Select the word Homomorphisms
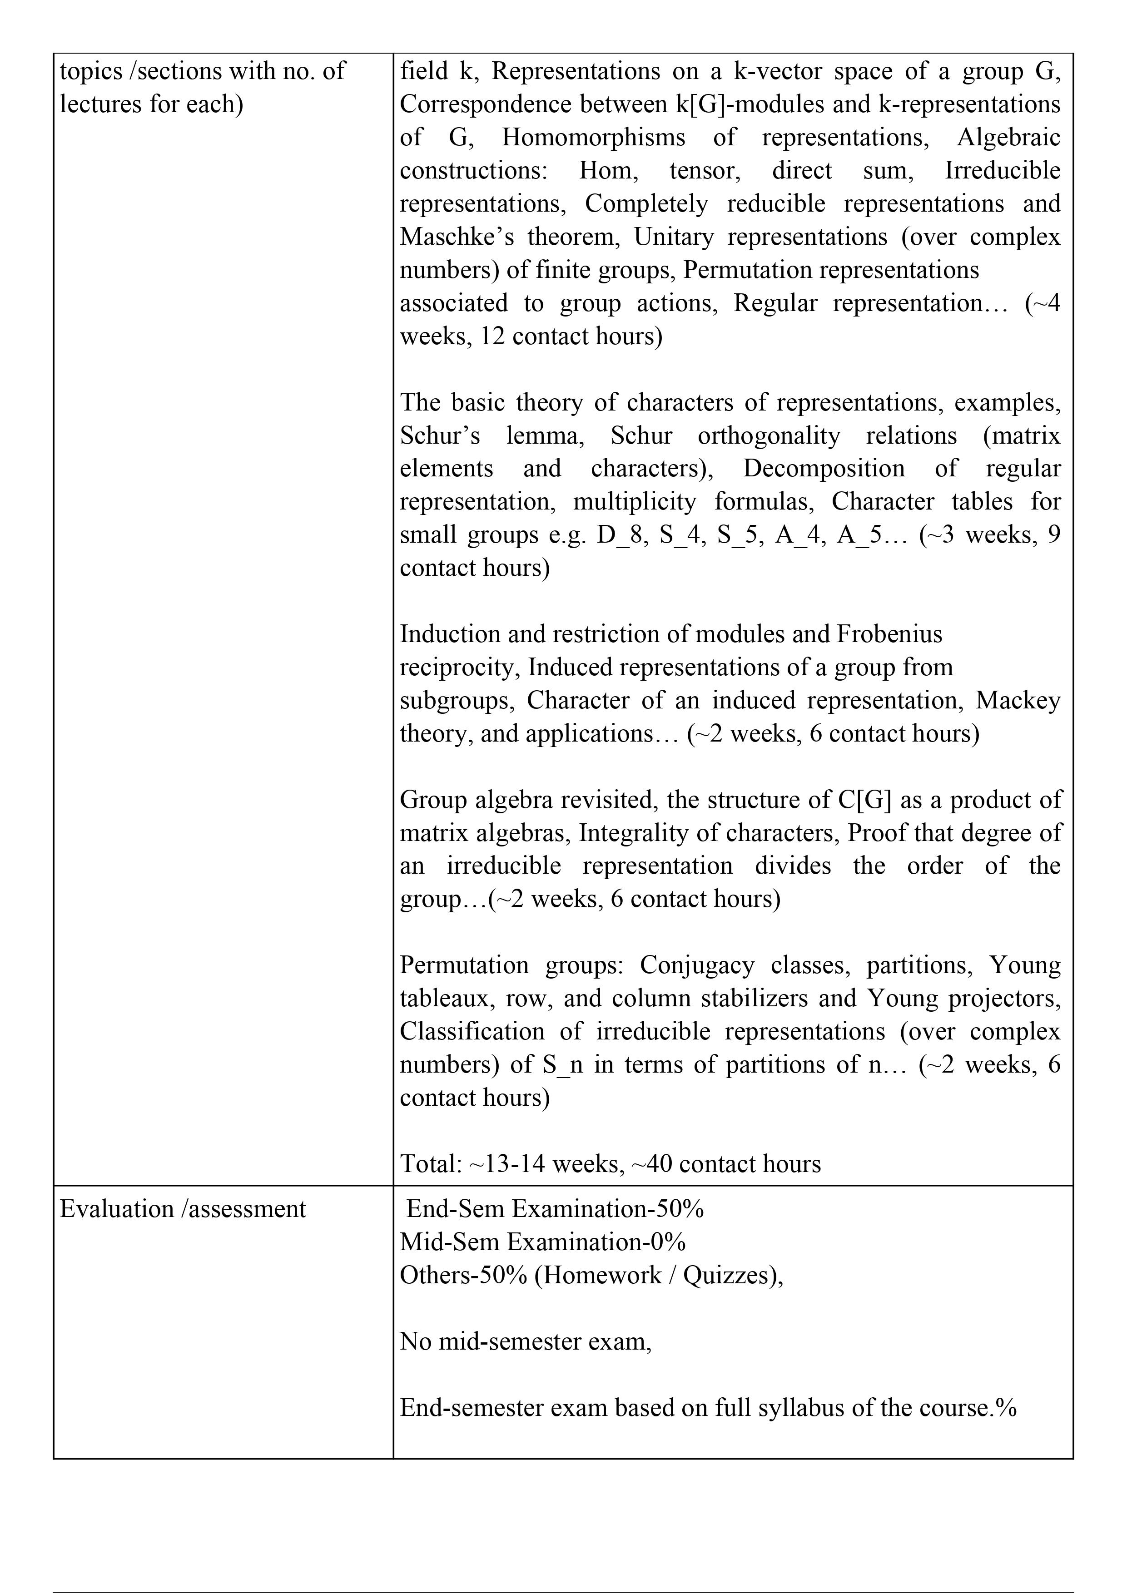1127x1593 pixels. [x=593, y=138]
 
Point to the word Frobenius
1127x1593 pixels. [x=890, y=634]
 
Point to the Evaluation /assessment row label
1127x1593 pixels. [x=183, y=1209]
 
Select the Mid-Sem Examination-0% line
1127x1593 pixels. [x=543, y=1242]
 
